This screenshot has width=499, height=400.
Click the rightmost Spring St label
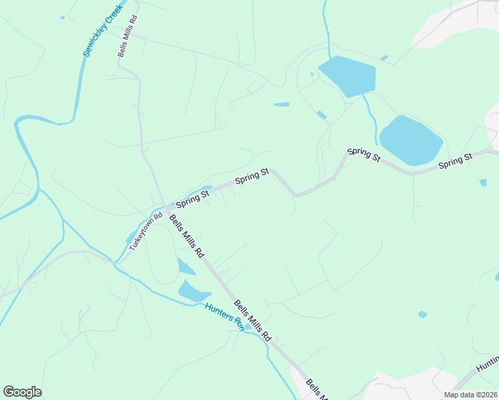(x=456, y=161)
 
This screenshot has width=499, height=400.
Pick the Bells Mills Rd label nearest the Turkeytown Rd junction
(x=186, y=236)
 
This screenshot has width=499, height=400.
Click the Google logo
(x=23, y=392)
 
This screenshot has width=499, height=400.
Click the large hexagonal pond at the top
(x=347, y=75)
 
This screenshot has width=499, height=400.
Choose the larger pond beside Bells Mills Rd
(x=194, y=291)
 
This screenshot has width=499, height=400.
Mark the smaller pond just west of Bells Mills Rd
(x=185, y=267)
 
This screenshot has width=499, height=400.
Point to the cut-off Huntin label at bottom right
(x=487, y=363)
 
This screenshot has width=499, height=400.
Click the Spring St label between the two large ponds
(x=364, y=154)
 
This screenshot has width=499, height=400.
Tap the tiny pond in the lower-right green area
(x=422, y=314)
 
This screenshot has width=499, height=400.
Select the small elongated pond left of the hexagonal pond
(x=282, y=104)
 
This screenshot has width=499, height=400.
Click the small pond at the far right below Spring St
(x=482, y=182)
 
